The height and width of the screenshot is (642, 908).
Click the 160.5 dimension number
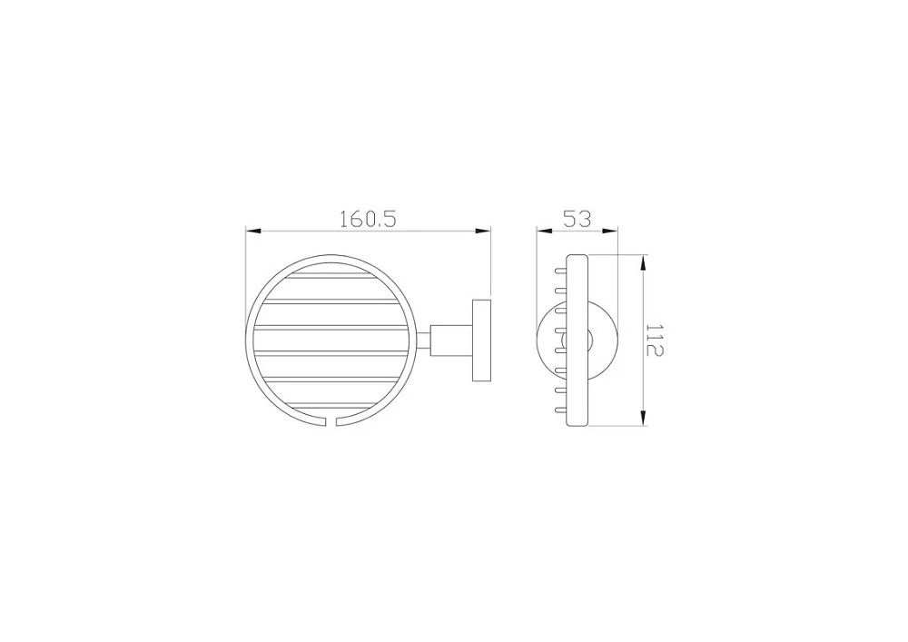[367, 219]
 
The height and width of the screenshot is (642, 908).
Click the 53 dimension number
[577, 219]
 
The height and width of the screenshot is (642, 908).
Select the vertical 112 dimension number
[655, 340]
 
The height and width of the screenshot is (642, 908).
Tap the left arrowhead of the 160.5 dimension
[253, 232]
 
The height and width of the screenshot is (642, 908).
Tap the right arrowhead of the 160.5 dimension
[484, 232]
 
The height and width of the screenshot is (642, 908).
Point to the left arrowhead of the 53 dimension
[544, 232]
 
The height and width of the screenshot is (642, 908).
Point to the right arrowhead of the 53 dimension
[611, 232]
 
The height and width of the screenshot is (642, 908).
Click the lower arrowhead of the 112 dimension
[642, 418]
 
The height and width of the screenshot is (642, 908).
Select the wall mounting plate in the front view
[482, 341]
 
